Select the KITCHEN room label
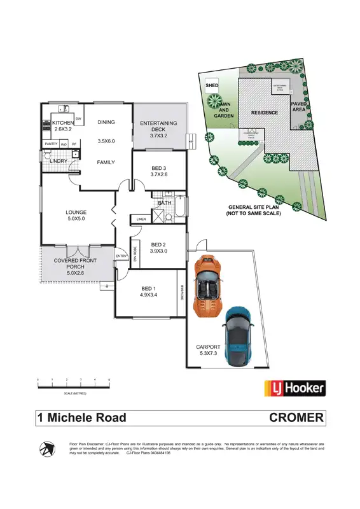coord(63,123)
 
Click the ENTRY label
coord(121,256)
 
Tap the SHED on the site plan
coord(212,85)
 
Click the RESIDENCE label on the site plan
coord(264,113)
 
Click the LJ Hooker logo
coord(294,387)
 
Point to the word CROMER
coord(297,418)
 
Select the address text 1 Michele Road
coord(81,418)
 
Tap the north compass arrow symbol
coord(47,449)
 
